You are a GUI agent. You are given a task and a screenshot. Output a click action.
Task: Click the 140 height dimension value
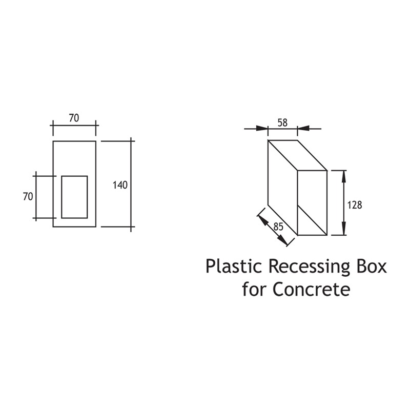point(120,185)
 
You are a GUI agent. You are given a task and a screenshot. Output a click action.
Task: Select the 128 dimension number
point(355,205)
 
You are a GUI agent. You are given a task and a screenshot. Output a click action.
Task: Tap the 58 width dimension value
point(283,122)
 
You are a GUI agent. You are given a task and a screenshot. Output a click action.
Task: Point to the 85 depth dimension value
point(278,227)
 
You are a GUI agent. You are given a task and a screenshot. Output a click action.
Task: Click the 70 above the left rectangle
point(74,118)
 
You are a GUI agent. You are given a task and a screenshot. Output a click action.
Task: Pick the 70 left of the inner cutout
point(28,196)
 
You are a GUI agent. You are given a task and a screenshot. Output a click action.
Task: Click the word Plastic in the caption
point(233,267)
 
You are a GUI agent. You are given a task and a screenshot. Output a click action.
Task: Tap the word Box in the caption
point(373,266)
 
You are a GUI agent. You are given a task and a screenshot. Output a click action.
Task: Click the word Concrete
point(311,289)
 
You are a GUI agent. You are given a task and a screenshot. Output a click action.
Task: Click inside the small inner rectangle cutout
point(74,197)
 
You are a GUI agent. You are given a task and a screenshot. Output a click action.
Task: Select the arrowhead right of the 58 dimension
point(303,129)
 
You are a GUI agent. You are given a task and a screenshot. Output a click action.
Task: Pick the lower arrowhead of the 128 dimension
point(344,229)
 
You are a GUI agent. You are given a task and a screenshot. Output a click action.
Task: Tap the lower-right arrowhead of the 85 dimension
point(281,239)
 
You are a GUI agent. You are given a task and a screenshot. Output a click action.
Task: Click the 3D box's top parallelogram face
point(298,155)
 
